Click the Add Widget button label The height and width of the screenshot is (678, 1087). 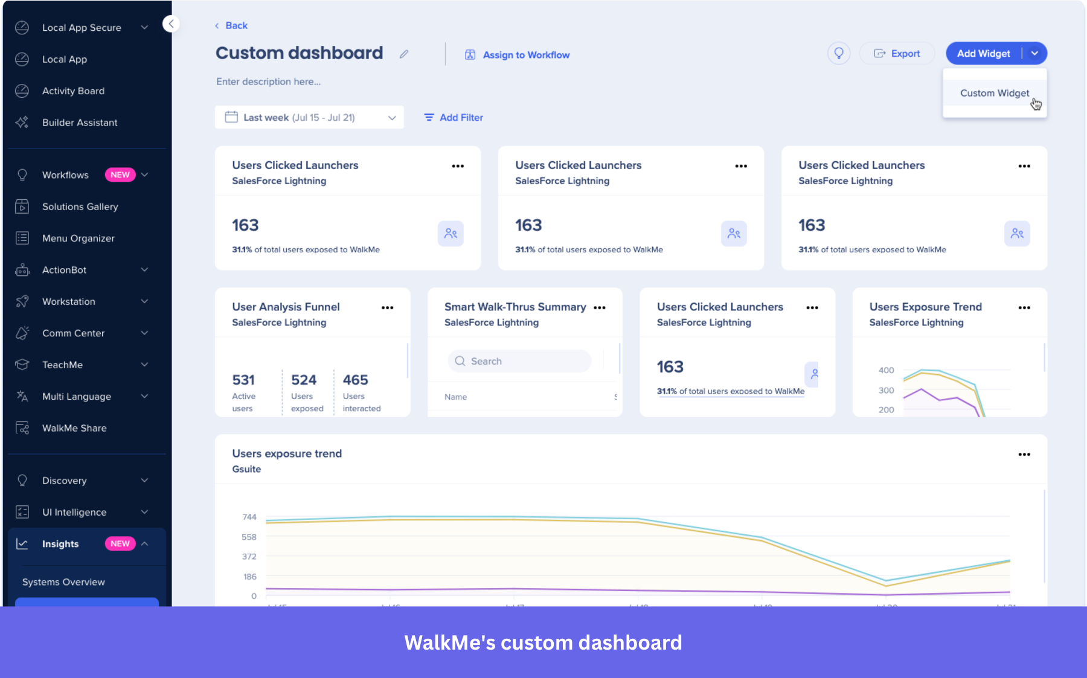983,53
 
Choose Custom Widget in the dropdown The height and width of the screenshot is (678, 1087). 994,93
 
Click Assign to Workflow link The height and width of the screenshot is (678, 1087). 525,55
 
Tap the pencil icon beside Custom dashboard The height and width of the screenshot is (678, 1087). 404,54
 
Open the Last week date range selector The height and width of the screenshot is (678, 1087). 309,117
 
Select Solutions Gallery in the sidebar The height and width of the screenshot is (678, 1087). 80,206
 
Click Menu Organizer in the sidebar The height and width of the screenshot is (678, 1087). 78,238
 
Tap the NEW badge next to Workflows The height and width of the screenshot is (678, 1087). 120,174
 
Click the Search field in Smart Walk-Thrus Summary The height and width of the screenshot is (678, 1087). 519,361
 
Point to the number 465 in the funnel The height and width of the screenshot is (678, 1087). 355,380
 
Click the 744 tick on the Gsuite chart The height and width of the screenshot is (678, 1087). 249,517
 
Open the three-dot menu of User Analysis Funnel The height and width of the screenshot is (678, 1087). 387,307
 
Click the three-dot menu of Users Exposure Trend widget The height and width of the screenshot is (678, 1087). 1024,307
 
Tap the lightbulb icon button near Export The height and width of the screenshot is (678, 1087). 838,53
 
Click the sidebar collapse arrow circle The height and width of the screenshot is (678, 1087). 171,24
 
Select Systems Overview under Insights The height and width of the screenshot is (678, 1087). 63,582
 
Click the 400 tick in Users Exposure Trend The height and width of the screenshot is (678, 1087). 886,370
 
